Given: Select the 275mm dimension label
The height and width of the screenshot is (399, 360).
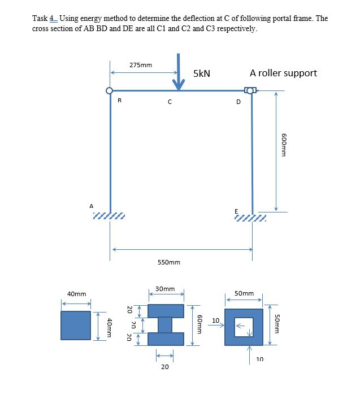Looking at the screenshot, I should tap(140, 65).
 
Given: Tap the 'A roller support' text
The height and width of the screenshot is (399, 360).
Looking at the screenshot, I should tap(283, 73).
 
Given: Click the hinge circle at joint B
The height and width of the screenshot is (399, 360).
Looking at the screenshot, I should tap(110, 90).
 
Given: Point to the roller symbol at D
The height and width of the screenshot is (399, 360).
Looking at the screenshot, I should tap(250, 90).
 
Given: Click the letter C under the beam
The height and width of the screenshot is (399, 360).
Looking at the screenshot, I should tap(169, 102).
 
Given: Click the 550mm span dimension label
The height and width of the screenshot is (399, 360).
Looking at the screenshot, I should tap(169, 262).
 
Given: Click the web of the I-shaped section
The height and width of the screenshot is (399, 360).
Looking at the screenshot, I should tap(165, 324).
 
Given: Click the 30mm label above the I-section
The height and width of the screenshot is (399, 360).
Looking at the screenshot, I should tap(165, 289).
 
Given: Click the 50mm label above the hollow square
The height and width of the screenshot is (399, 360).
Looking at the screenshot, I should tap(244, 294).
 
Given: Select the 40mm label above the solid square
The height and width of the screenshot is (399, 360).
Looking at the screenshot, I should tap(76, 294).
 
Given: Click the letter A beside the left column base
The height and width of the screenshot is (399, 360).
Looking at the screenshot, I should tap(91, 206).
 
